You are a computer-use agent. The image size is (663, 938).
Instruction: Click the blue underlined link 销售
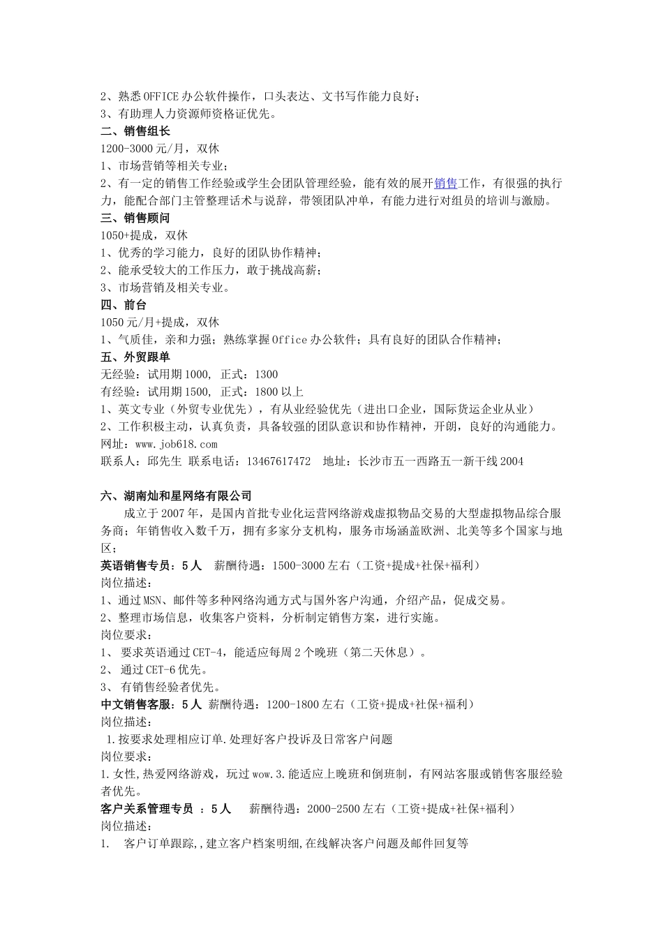[445, 184]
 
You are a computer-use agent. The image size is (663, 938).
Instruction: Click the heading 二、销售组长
[135, 131]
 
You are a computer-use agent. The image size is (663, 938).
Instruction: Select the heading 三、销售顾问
[135, 218]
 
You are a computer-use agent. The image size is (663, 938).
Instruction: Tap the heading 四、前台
[124, 305]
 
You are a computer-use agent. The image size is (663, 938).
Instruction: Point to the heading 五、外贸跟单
[135, 357]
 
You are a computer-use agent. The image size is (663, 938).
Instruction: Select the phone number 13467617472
[278, 461]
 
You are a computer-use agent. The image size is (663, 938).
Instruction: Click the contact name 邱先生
[165, 461]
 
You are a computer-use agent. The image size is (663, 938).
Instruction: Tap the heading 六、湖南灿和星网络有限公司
[177, 496]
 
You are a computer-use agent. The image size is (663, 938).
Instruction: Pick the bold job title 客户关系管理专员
[147, 809]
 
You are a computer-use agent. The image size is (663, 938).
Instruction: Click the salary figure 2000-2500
[334, 809]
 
